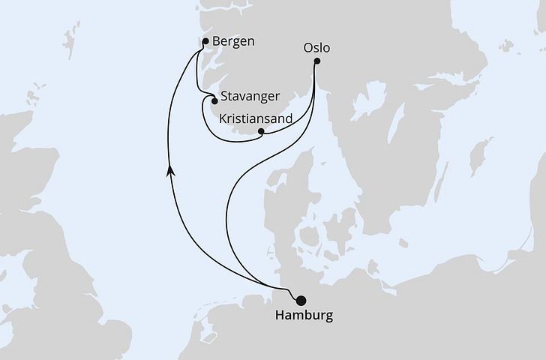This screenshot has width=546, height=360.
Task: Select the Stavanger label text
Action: [x=250, y=97]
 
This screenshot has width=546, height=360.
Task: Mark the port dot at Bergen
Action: [x=205, y=42]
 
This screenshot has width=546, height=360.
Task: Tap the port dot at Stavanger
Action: [x=214, y=100]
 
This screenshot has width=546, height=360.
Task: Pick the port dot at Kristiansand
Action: [x=260, y=133]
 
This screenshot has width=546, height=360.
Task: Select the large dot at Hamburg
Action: [x=301, y=300]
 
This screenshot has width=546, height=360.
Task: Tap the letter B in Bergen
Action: [x=217, y=40]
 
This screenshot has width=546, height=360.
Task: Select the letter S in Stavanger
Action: [x=224, y=97]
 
